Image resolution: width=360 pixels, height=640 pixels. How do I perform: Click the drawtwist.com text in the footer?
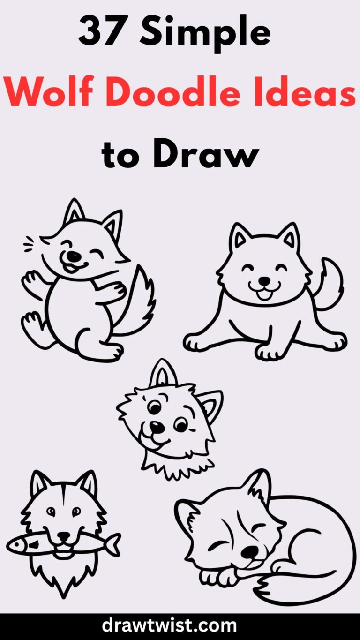coord(180,625)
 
